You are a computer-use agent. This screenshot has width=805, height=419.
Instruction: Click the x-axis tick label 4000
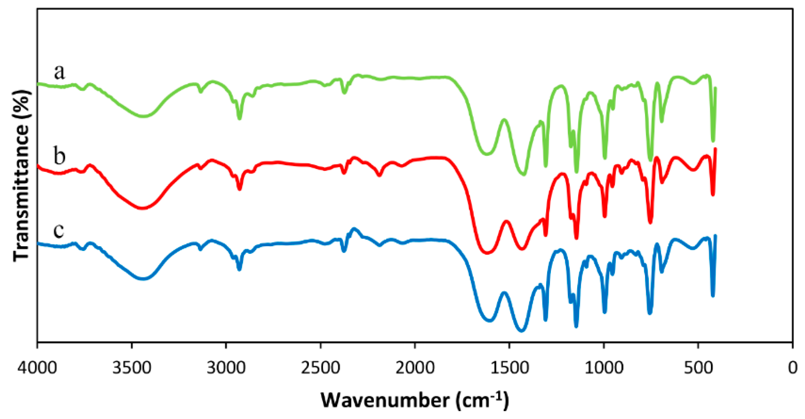(x=37, y=368)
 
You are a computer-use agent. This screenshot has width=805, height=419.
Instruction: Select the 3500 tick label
(x=132, y=368)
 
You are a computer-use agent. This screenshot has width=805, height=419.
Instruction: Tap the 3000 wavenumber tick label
(x=226, y=368)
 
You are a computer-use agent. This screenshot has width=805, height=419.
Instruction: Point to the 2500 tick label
(x=321, y=368)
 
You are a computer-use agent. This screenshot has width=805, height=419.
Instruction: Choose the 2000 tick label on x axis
(x=415, y=368)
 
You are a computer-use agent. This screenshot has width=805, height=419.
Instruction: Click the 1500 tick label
(x=509, y=368)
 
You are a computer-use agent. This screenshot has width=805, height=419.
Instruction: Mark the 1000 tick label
(x=604, y=368)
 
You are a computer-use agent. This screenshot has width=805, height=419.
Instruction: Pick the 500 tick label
(x=698, y=368)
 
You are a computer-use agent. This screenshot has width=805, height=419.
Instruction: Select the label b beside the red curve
(x=59, y=156)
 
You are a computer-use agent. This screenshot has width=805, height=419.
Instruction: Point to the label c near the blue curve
(x=59, y=230)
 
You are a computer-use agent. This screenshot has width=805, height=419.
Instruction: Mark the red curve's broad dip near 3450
(x=142, y=208)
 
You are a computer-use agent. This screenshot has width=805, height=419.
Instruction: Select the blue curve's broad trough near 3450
(x=143, y=279)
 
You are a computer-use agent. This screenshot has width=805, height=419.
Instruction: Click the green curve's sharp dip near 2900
(x=240, y=118)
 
